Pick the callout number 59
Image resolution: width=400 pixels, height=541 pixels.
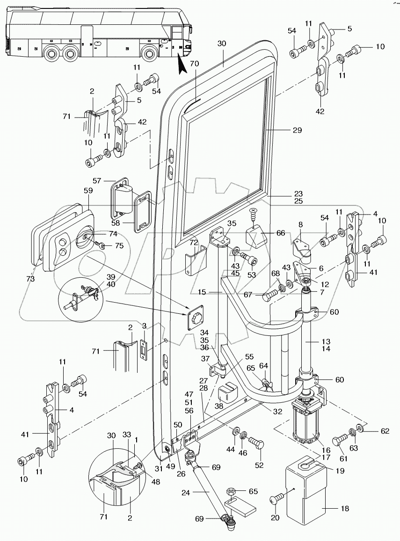(x=87, y=191)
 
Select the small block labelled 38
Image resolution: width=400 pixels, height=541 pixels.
(x=226, y=393)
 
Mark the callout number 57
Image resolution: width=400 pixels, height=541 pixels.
(x=96, y=180)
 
